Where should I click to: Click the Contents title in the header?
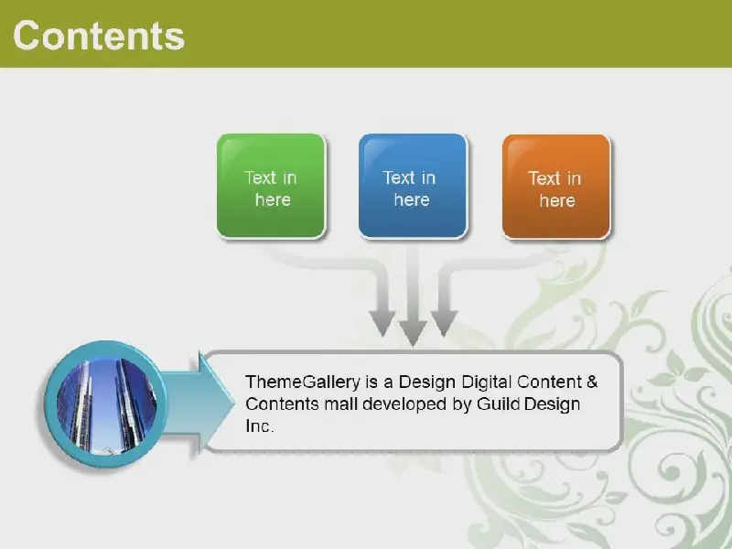[99, 36]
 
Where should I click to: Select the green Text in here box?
[271, 187]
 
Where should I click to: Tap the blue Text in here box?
[414, 187]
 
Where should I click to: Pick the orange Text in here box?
[556, 187]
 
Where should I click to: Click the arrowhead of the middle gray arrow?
[414, 333]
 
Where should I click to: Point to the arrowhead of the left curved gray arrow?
[382, 323]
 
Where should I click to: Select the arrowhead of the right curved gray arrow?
[444, 323]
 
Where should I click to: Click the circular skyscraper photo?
[106, 404]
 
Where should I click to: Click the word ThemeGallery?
[303, 382]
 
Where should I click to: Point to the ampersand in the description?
[592, 382]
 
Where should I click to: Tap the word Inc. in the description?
[260, 425]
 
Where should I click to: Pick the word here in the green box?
[273, 199]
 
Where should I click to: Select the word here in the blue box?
[411, 199]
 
